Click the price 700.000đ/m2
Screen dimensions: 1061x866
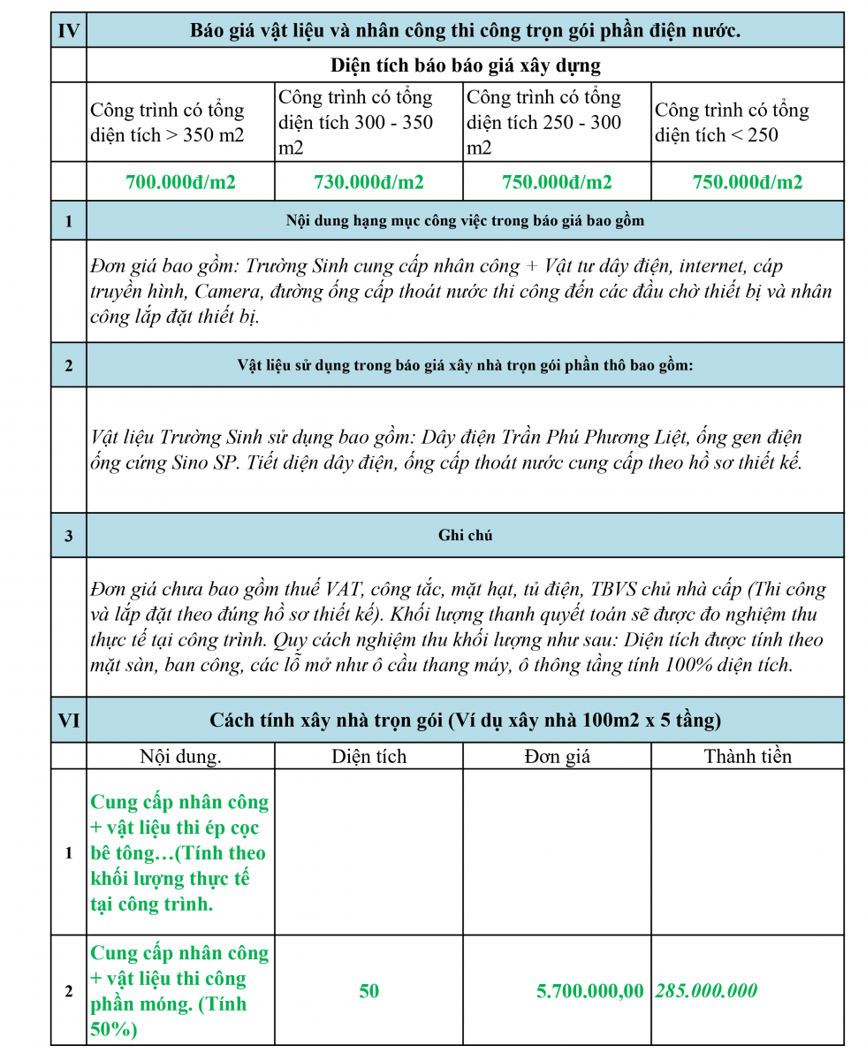coord(181,182)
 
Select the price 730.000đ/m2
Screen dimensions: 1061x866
coord(369,182)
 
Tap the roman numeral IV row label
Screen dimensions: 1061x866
coord(68,31)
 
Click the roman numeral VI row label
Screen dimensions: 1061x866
coord(68,721)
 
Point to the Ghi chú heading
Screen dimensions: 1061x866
coord(465,535)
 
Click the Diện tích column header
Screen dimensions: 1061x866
coord(369,756)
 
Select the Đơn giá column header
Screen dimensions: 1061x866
coord(557,756)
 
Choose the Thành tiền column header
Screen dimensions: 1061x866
coord(748,756)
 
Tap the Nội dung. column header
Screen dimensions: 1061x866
coord(181,756)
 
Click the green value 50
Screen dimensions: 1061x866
coord(369,991)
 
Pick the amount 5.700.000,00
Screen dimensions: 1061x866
coord(590,991)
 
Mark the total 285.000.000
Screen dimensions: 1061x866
coord(706,991)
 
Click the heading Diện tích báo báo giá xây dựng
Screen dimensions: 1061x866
coord(465,65)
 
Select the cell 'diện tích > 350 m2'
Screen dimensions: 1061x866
coord(167,123)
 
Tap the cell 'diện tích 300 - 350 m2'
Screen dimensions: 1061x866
coord(355,123)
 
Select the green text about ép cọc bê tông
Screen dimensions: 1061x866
coord(179,852)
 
